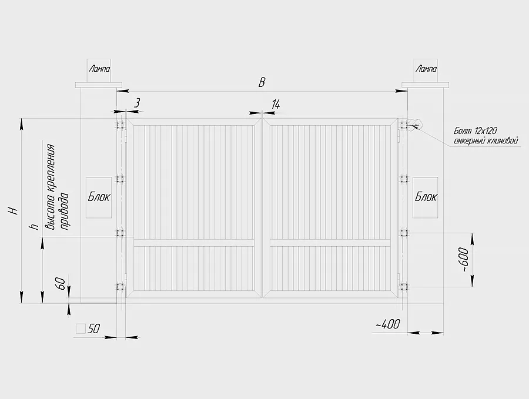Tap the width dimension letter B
click(x=262, y=82)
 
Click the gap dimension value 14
click(x=276, y=104)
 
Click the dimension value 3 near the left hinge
click(x=136, y=102)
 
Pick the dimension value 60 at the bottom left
click(x=60, y=283)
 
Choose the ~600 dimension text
click(x=464, y=260)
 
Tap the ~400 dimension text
click(x=388, y=324)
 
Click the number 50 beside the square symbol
click(x=94, y=328)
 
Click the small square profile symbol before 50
click(x=81, y=328)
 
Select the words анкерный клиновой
click(x=486, y=140)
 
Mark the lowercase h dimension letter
click(x=34, y=226)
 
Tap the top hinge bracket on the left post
click(x=120, y=125)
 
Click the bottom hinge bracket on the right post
click(x=403, y=287)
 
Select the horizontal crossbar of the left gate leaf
click(x=194, y=243)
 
